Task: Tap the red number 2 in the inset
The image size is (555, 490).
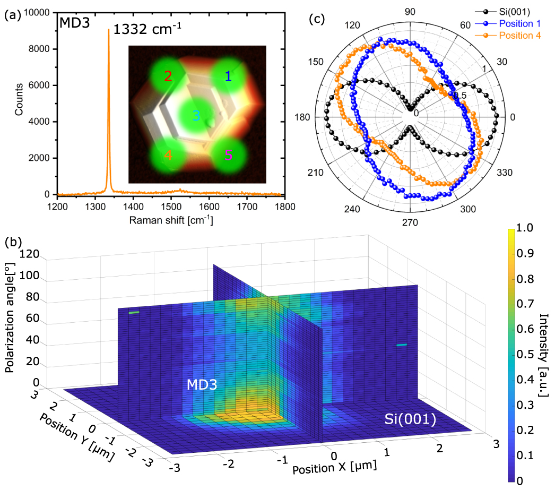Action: pos(168,76)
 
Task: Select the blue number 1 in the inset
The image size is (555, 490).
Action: pos(228,76)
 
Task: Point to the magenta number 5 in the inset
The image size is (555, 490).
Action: pos(228,156)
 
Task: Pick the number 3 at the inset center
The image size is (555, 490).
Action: pos(196,115)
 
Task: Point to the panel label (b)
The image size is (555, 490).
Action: pos(13,243)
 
